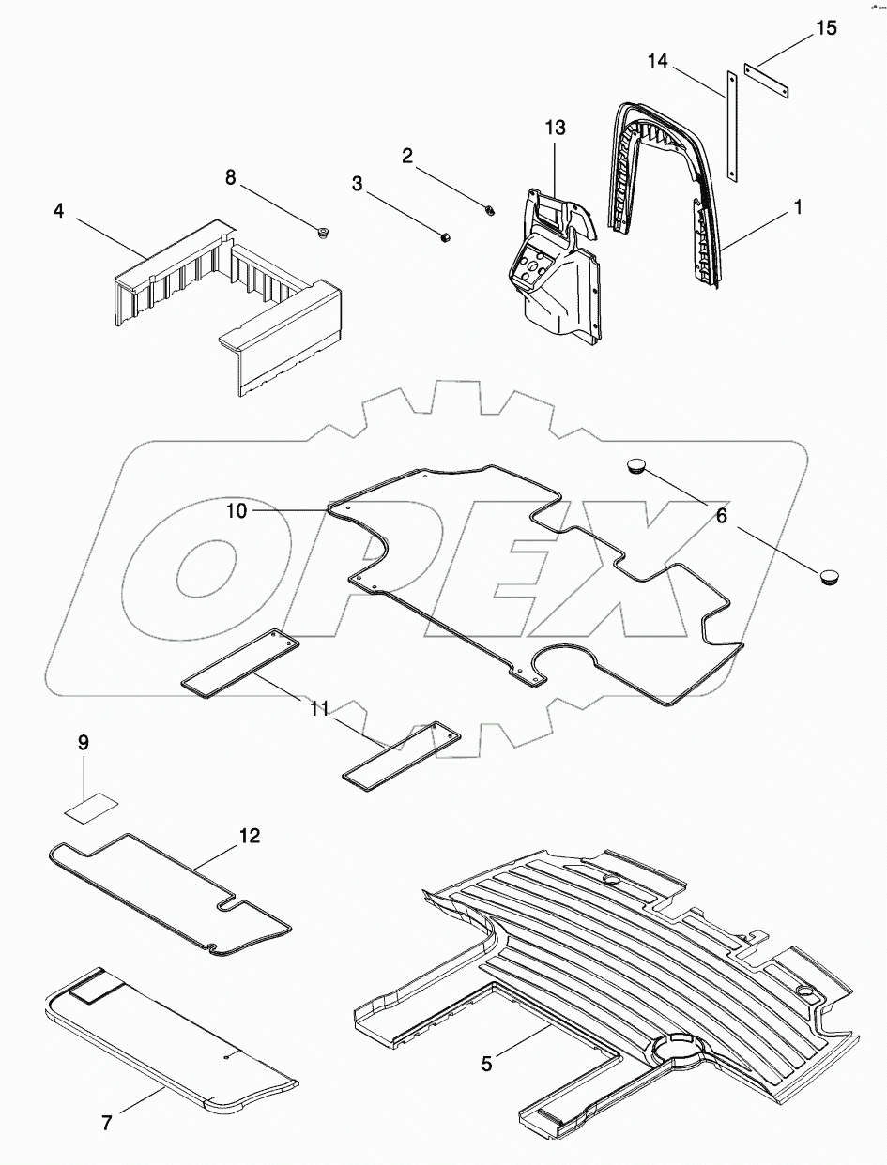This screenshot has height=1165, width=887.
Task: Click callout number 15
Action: coord(825,29)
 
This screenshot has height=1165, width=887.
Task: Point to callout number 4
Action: coord(59,211)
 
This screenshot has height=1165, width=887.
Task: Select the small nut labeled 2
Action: coord(490,209)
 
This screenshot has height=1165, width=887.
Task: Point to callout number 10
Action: coord(236,510)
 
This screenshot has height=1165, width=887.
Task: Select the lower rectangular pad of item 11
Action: coord(402,752)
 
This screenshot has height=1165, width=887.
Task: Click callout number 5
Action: coord(486,1064)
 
